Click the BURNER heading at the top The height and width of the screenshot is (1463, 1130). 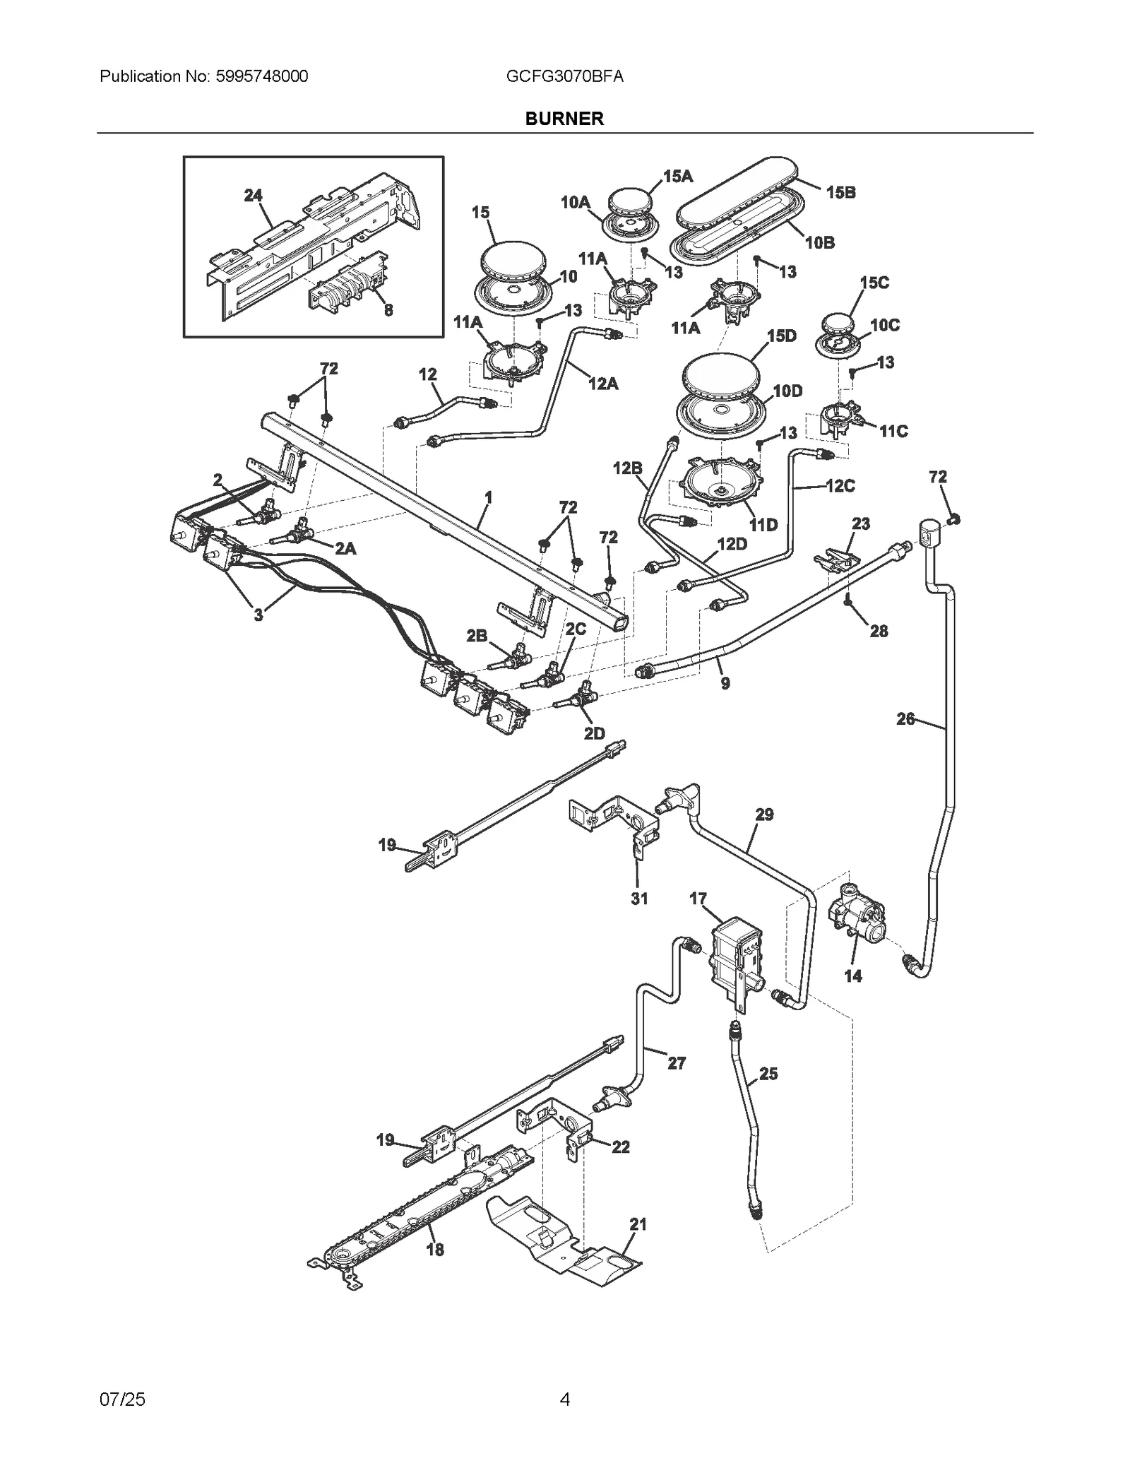point(564,119)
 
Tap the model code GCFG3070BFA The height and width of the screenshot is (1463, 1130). point(564,76)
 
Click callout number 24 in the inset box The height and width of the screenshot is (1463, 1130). point(253,196)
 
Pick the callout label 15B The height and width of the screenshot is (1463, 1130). point(840,192)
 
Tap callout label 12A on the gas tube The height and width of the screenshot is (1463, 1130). point(602,384)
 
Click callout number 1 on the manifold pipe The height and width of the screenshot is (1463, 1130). point(488,498)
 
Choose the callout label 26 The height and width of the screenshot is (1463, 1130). point(905,719)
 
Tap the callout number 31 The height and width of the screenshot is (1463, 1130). point(638,899)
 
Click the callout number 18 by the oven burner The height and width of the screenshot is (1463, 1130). point(435,1250)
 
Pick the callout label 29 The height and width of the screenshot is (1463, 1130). point(764,815)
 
